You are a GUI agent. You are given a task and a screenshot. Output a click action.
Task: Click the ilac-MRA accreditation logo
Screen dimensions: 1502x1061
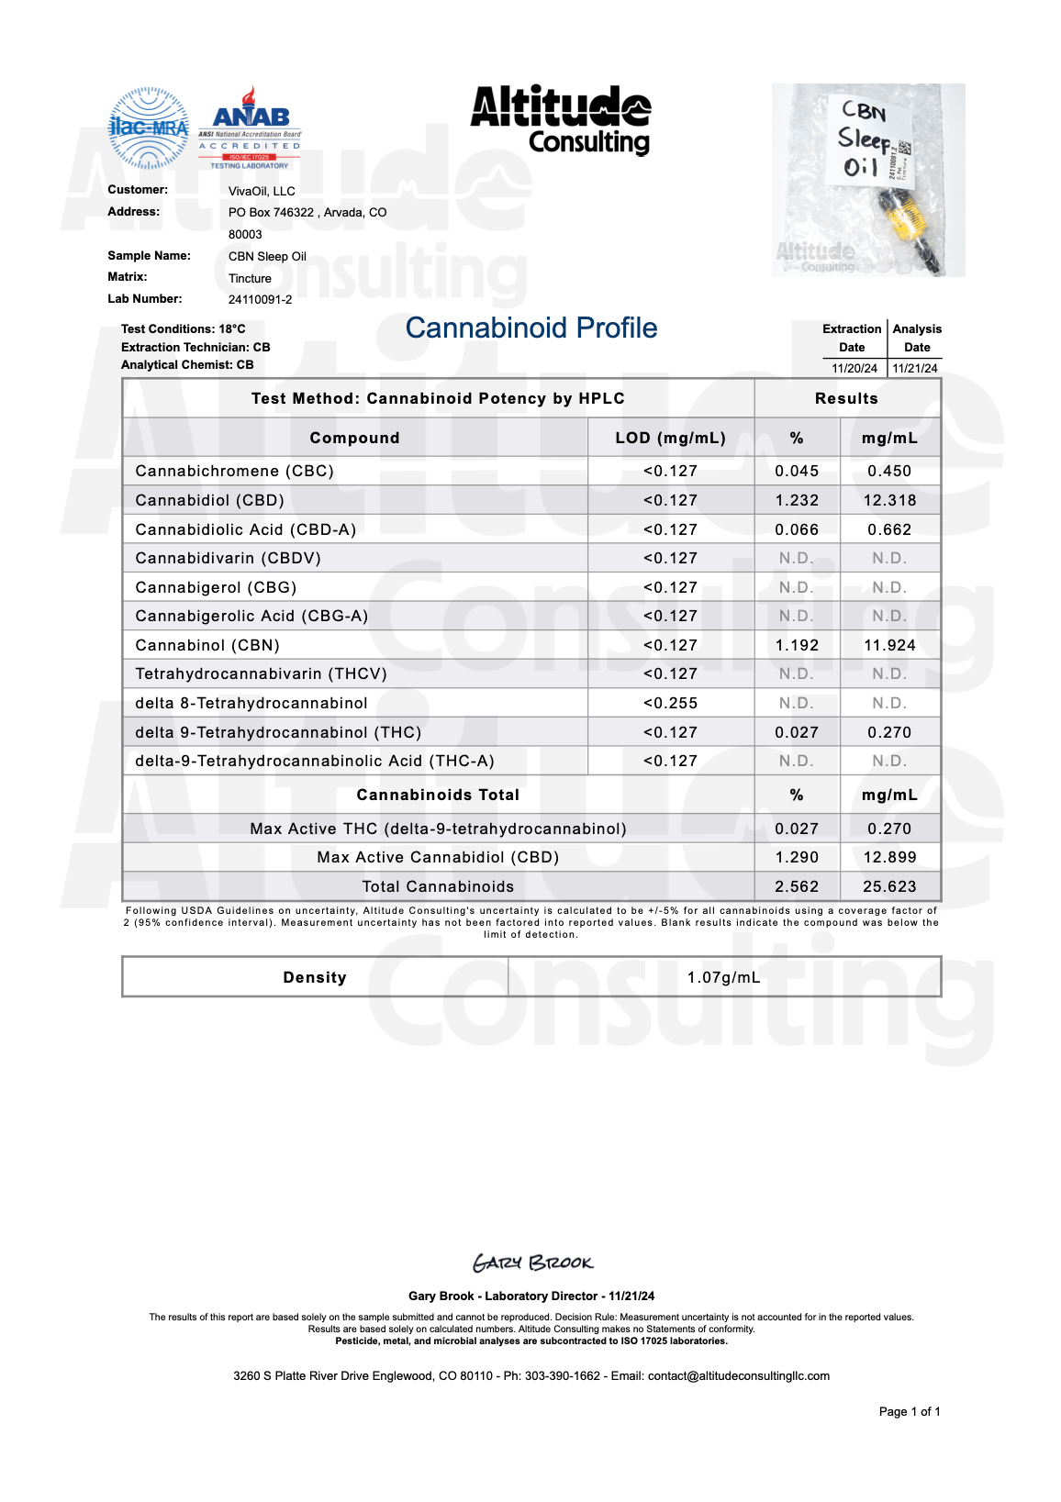(x=149, y=128)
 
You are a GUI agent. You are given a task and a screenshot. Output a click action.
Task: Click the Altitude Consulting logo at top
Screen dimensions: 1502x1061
(x=561, y=120)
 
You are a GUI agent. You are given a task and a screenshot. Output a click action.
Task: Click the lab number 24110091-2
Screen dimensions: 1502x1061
(x=260, y=300)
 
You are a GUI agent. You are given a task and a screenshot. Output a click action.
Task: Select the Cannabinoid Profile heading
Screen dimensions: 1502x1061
(x=531, y=328)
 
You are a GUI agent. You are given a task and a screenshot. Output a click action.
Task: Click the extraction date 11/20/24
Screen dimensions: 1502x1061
(x=854, y=369)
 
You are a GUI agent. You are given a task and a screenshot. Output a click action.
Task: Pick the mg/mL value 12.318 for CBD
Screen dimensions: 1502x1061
(x=889, y=500)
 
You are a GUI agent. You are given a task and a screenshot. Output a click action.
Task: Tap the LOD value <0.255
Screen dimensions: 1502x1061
(x=670, y=703)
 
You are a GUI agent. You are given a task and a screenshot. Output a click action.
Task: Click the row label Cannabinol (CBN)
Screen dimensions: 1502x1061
(x=207, y=645)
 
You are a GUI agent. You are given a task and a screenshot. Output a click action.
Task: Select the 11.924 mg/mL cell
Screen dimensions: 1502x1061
(x=889, y=645)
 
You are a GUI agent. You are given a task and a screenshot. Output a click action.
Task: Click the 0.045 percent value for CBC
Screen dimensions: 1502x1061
(x=797, y=471)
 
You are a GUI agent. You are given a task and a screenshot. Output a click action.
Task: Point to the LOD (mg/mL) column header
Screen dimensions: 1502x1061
(x=670, y=438)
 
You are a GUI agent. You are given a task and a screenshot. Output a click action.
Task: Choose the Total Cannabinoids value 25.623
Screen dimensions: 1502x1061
(x=889, y=886)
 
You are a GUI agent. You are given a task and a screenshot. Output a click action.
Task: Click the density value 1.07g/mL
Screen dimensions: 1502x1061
(x=723, y=977)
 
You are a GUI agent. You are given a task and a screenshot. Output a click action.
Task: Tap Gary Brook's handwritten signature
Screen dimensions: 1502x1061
(x=533, y=1263)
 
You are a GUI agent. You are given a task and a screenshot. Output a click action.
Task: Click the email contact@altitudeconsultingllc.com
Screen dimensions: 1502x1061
(x=738, y=1376)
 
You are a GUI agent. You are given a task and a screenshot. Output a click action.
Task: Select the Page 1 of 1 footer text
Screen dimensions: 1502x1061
(x=909, y=1412)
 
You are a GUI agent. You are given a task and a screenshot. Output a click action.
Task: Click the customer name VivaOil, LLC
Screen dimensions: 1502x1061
(x=262, y=192)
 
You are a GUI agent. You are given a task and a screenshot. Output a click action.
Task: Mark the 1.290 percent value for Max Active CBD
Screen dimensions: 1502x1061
(x=797, y=857)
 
